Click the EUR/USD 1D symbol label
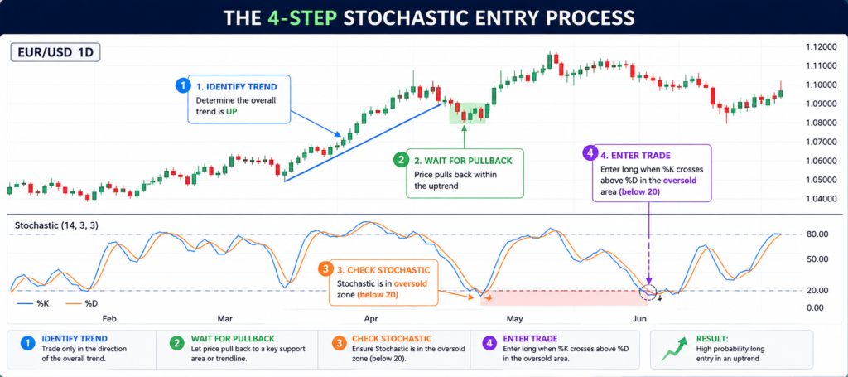pos(55,54)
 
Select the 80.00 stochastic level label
pos(817,234)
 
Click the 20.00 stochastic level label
pos(817,291)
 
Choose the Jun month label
pos(640,318)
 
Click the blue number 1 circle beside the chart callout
pos(184,85)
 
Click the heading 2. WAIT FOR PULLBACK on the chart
pos(462,161)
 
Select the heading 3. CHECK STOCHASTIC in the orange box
pos(384,270)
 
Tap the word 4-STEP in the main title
pos(301,18)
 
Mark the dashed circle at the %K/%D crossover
pos(648,292)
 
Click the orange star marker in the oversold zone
pos(489,298)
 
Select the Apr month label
pos(372,318)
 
